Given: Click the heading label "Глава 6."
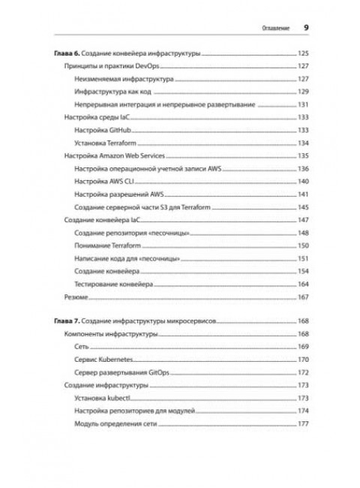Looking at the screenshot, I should tap(68, 55).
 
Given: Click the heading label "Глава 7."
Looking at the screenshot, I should tap(68, 320).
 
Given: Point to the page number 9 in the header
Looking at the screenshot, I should tap(306, 26).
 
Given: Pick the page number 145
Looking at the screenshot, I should tap(303, 205).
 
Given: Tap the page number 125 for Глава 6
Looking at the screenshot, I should tap(303, 55).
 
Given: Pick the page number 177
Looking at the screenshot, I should tap(303, 425).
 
